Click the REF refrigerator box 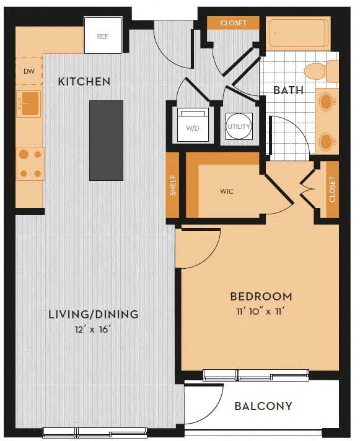click(103, 37)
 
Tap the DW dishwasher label click(29, 71)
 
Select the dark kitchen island click(106, 140)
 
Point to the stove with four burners click(30, 163)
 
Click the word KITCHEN click(84, 81)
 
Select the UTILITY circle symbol click(239, 126)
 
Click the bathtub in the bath click(297, 33)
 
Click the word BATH click(288, 90)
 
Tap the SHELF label click(172, 186)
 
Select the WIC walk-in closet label click(226, 191)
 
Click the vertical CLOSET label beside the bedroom click(332, 190)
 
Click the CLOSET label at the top click(233, 23)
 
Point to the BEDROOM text click(260, 296)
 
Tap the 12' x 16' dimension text click(93, 329)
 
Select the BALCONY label click(263, 406)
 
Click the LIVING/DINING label click(93, 314)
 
